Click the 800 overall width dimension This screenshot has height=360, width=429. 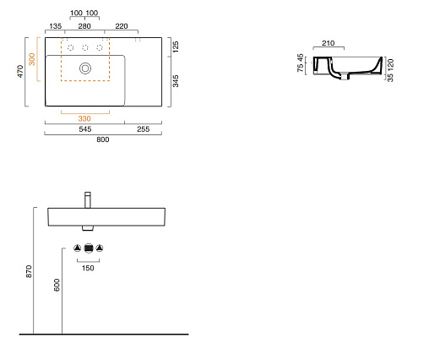pos(103,139)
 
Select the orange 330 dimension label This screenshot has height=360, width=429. pos(84,118)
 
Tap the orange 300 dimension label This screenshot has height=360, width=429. pos(32,59)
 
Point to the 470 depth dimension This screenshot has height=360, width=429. pos(20,71)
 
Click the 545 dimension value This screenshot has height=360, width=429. pos(85,129)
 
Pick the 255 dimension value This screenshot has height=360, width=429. pos(144,129)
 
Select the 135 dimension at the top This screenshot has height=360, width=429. pos(56,26)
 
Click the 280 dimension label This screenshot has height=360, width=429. pos(84,26)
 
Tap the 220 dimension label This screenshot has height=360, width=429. pos(122,26)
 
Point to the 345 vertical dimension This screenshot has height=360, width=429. pos(176,81)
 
